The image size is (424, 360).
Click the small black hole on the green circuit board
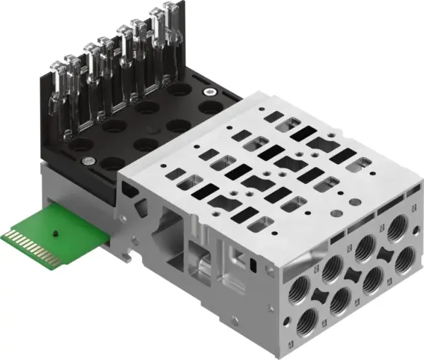[x=54, y=231]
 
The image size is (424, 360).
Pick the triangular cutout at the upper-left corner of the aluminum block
[x=127, y=187]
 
